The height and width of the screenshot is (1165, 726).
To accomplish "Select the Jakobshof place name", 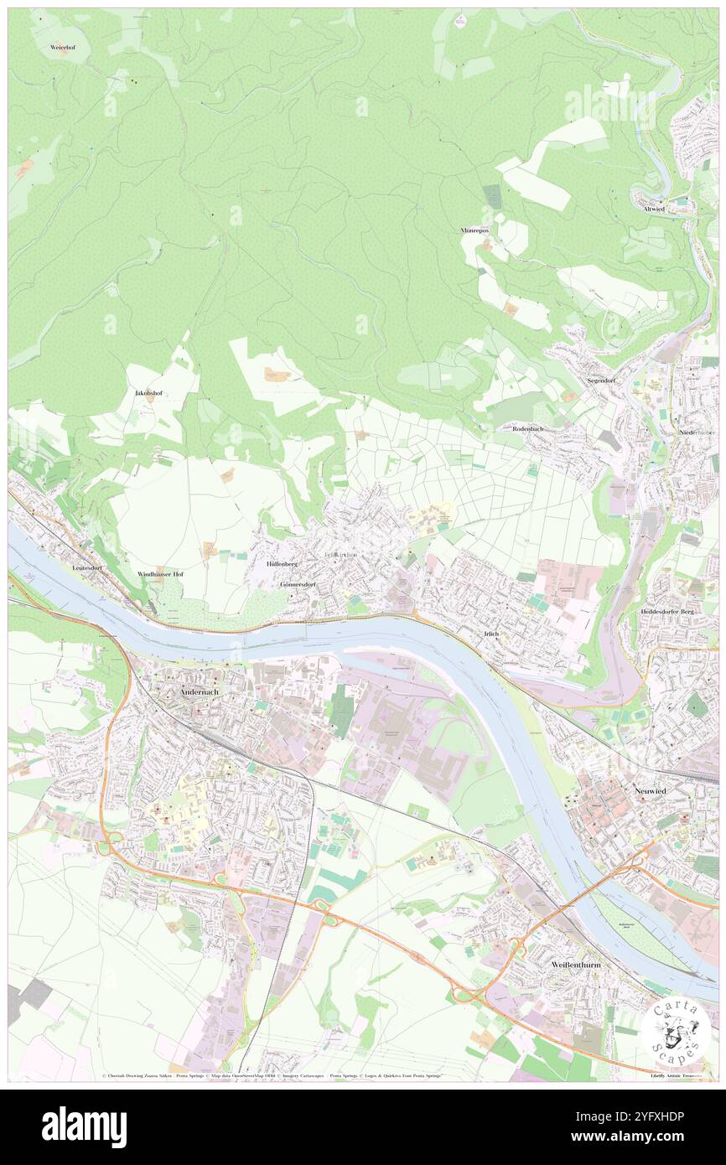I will pyautogui.click(x=149, y=392).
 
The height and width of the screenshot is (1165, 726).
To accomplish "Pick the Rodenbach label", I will pyautogui.click(x=528, y=428).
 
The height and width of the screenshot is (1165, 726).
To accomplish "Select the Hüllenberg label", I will pyautogui.click(x=283, y=565).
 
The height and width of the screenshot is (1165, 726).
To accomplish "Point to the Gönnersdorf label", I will pyautogui.click(x=298, y=584).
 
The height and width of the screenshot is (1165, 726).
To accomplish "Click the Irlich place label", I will pyautogui.click(x=491, y=634).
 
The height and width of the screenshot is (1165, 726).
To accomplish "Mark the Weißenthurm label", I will pyautogui.click(x=576, y=965).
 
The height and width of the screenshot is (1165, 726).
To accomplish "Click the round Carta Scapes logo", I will pyautogui.click(x=676, y=1030).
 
